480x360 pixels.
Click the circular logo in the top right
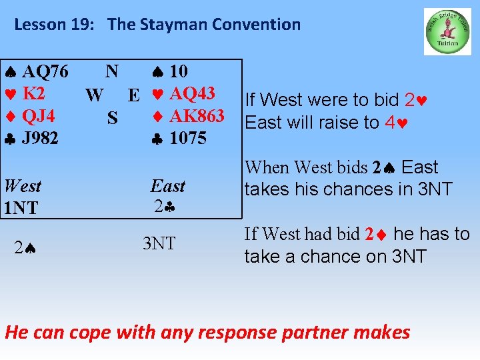[447, 31]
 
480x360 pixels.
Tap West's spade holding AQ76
[37, 71]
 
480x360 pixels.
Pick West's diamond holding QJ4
[31, 116]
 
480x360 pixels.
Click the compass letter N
[112, 71]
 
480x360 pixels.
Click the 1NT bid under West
[21, 208]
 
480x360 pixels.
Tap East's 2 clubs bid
[165, 207]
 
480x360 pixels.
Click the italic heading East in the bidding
[168, 186]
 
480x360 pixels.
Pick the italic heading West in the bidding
[23, 186]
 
